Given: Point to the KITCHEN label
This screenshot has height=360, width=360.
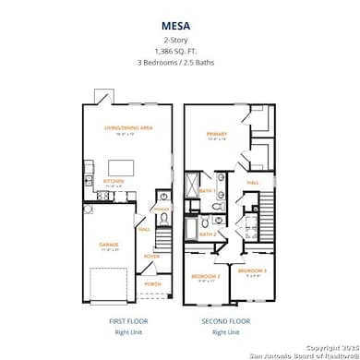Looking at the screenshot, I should [114, 181].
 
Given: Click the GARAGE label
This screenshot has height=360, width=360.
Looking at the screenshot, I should [109, 245].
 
